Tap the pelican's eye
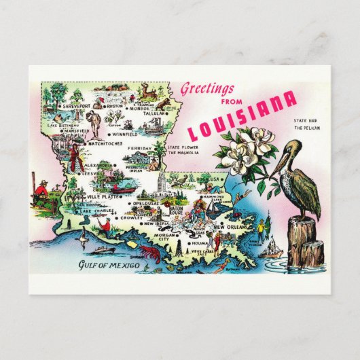tap(293, 147)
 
